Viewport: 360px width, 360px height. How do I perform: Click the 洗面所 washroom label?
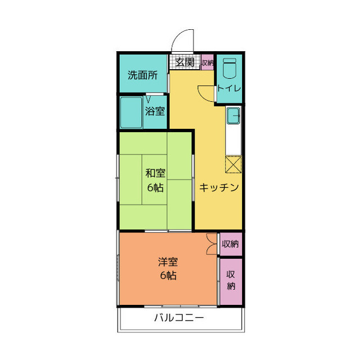tap(142, 74)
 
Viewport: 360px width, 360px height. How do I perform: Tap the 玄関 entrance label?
tap(184, 62)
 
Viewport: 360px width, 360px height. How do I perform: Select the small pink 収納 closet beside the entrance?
tap(207, 62)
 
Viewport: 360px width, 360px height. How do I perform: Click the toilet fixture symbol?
tap(229, 70)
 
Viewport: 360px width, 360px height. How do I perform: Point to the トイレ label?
tap(229, 88)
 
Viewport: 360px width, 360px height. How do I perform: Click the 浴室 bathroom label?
tap(155, 111)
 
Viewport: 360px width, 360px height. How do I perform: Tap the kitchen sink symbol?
tap(233, 116)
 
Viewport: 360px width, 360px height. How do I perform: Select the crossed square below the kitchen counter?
tap(233, 165)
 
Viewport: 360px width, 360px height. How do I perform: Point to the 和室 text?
tap(155, 174)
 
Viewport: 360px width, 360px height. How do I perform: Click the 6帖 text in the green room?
tap(155, 187)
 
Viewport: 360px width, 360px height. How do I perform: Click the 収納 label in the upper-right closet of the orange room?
tap(230, 244)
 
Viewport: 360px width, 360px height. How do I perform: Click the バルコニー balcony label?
tap(179, 318)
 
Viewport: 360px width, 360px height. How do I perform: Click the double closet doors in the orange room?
tap(211, 244)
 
